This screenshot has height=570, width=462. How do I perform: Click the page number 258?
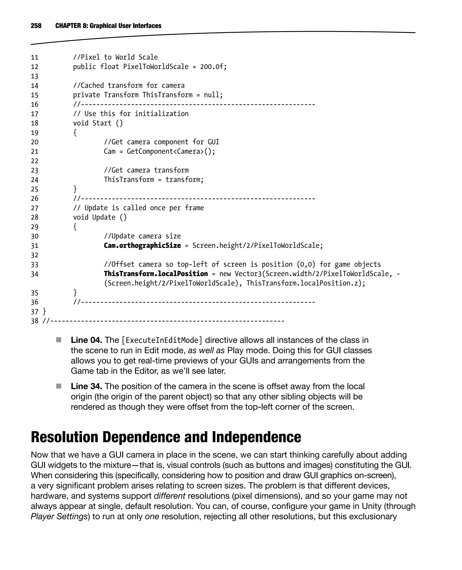(36, 25)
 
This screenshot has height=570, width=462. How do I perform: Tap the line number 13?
(35, 76)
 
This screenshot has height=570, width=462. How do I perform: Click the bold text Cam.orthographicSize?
(142, 246)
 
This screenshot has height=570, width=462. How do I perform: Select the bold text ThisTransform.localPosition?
(156, 274)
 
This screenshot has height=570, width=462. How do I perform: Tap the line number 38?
(35, 321)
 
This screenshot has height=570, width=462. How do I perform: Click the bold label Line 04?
(86, 340)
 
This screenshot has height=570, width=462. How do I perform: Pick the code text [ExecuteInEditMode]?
(162, 340)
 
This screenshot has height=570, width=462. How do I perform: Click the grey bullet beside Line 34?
(59, 386)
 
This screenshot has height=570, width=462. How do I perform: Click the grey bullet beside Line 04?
(59, 340)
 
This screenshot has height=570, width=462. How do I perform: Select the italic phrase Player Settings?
(59, 517)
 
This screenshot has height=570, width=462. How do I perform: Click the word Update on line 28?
(104, 217)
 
